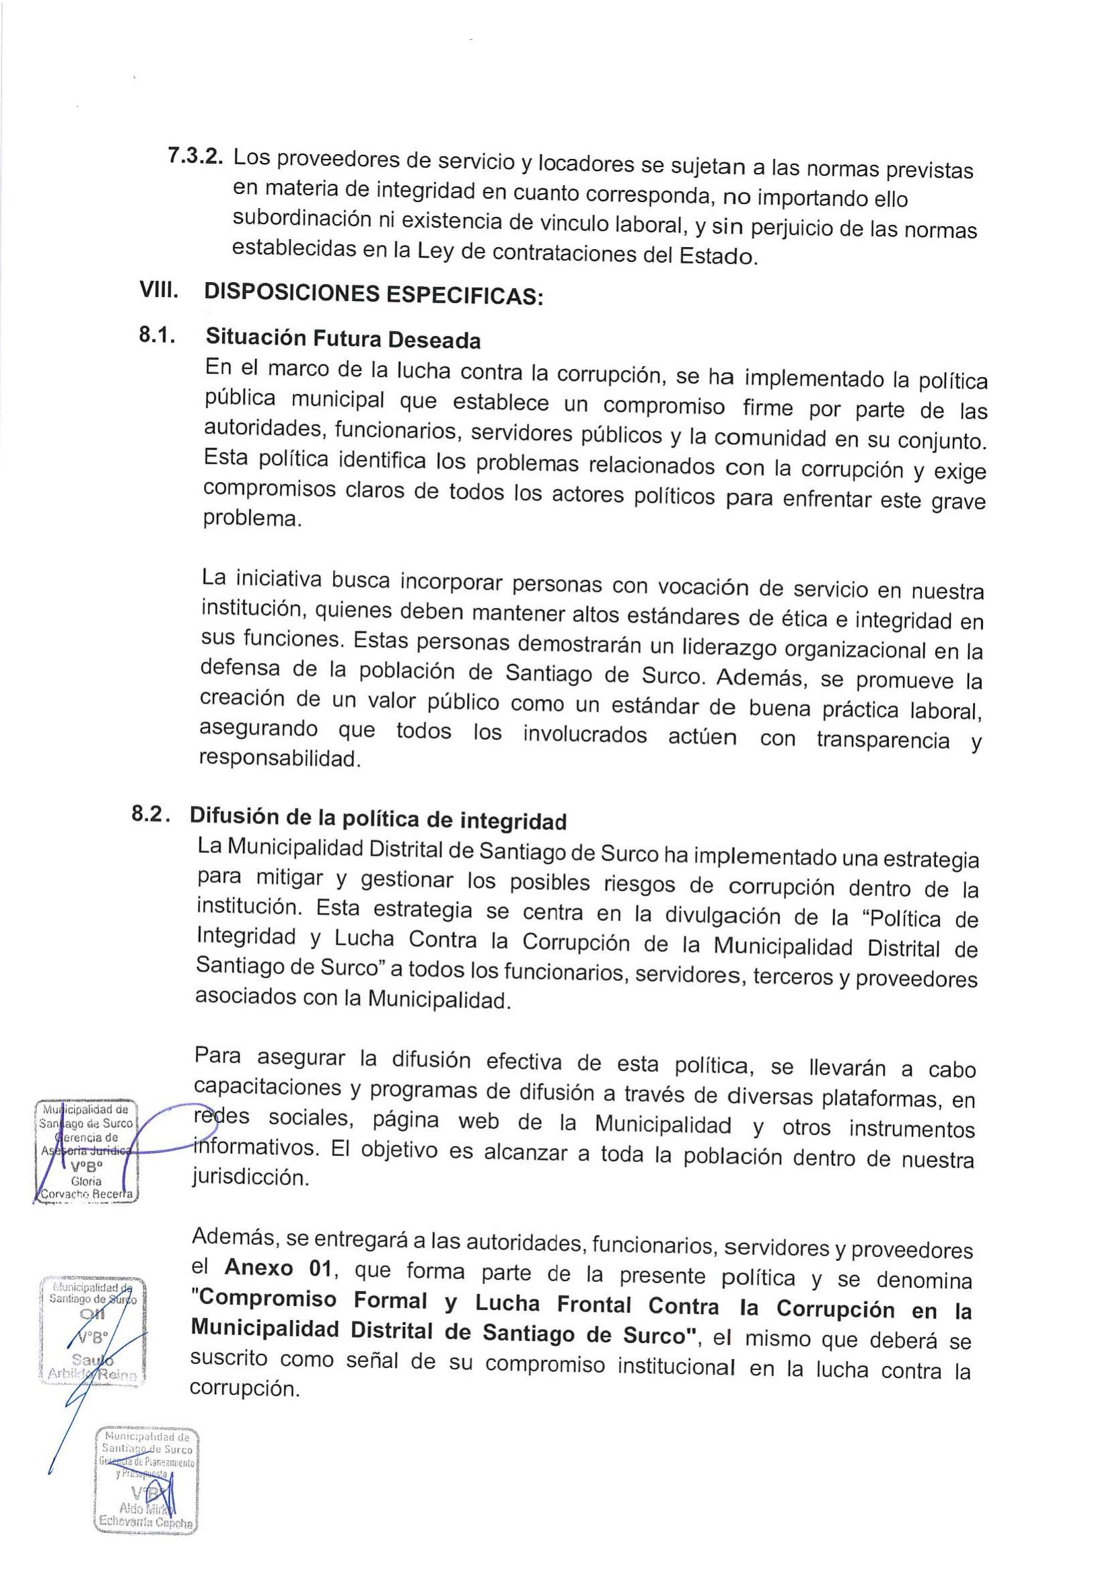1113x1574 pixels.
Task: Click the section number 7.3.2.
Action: pos(195,155)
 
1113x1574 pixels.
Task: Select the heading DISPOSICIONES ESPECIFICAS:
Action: pos(373,295)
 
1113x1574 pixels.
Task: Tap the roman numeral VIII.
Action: pos(159,290)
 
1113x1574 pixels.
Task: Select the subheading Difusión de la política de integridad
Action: pos(378,818)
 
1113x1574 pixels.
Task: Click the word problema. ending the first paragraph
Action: pos(252,519)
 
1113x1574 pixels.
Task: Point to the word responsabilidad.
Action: pos(279,759)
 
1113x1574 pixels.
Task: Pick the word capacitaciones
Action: pos(260,1088)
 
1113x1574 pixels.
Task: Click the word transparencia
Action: pos(883,741)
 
